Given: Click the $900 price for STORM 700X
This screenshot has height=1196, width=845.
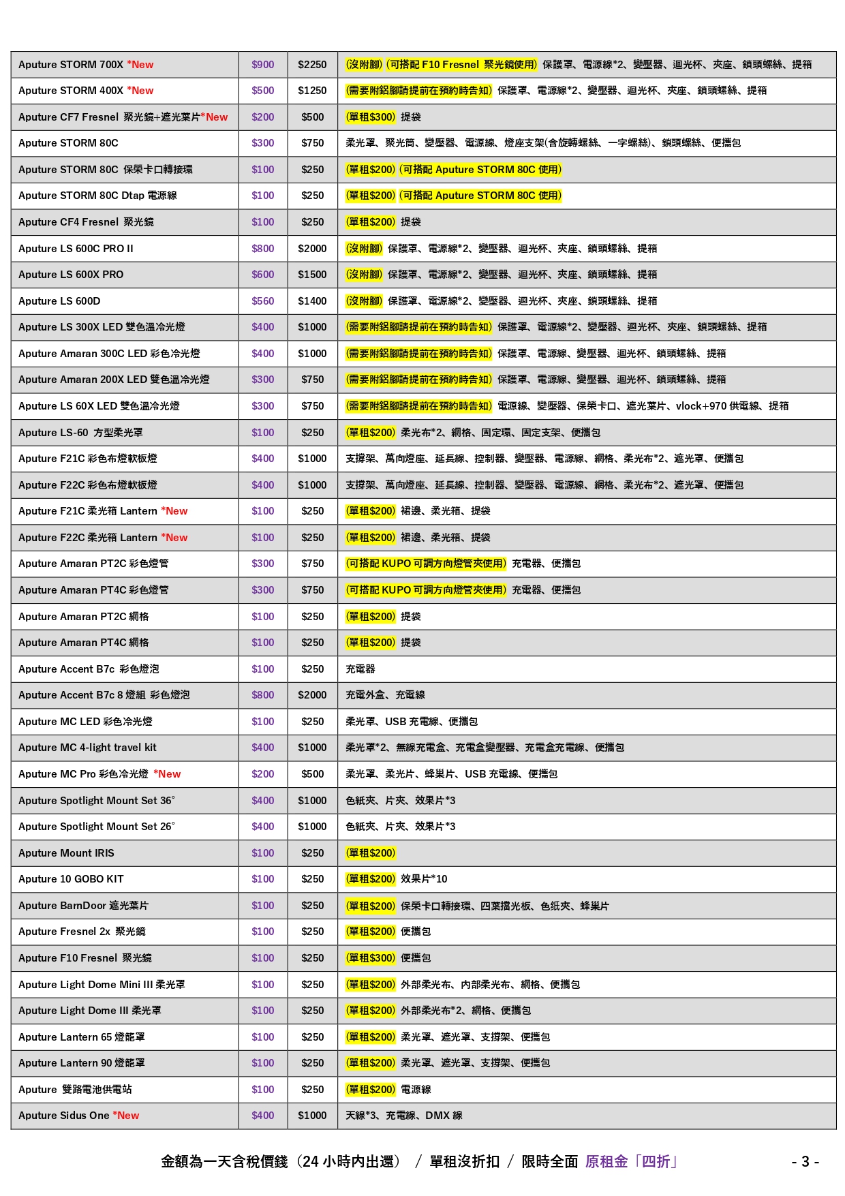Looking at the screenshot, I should tap(262, 65).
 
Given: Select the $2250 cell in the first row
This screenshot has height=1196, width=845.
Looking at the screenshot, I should tap(312, 65).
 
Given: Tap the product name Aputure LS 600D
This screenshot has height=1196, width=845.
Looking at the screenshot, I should tap(59, 301).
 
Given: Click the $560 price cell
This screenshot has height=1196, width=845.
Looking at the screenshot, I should tap(262, 301).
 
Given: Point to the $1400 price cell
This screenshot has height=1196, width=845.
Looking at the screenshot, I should tap(312, 301).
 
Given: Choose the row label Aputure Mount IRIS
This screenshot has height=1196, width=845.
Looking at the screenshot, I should tap(66, 853).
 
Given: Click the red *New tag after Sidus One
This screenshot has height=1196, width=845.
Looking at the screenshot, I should tap(126, 1116).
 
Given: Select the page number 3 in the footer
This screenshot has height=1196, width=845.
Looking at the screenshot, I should tap(805, 1162).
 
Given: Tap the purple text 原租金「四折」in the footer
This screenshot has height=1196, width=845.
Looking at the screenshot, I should tap(631, 1162).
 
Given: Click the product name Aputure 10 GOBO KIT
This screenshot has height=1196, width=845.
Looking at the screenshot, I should tap(71, 879).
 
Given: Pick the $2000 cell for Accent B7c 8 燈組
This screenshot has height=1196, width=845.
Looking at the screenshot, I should tap(312, 695).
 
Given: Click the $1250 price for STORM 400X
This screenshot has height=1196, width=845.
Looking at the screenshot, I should tap(312, 91).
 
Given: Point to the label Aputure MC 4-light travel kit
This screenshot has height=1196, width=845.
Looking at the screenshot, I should tap(87, 748).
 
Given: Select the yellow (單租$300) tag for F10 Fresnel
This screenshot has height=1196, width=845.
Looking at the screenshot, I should tap(371, 958).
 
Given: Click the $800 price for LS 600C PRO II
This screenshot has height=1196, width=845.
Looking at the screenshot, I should tap(262, 249).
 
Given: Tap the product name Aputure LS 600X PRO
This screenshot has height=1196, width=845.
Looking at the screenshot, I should tap(71, 275).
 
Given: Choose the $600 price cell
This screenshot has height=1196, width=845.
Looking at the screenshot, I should tap(262, 275).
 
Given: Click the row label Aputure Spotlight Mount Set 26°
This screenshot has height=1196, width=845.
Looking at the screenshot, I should tap(96, 827).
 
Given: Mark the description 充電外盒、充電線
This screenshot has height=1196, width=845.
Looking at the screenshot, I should tap(385, 695).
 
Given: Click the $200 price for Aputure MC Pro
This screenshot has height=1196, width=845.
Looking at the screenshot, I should tap(262, 774).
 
